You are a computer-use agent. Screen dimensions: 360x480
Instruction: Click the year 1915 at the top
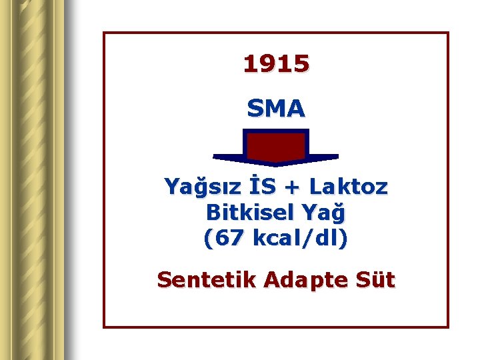coord(276,64)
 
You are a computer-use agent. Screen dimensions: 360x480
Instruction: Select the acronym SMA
coord(276,108)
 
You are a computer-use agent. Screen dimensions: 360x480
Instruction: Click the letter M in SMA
coord(275,108)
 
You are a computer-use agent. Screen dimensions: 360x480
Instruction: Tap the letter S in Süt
coord(366,279)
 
